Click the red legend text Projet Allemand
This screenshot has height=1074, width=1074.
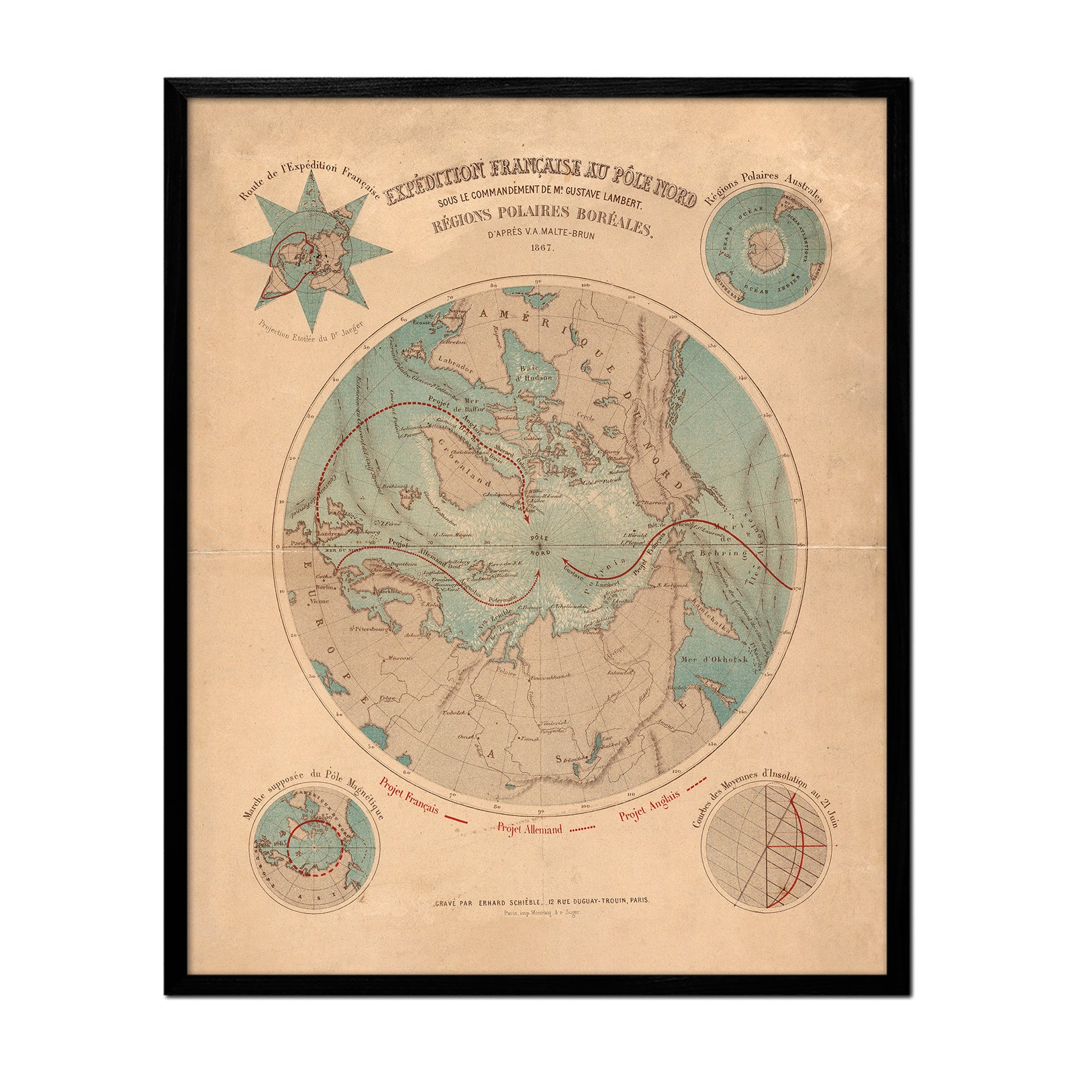point(530,829)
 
